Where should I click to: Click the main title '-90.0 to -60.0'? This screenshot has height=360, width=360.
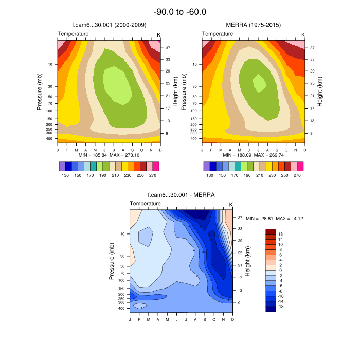click(180, 12)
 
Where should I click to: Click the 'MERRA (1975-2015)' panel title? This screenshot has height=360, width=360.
click(253, 25)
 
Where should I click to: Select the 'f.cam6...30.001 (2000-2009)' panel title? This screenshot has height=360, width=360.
click(108, 25)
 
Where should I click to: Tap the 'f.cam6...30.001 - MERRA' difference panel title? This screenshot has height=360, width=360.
click(181, 195)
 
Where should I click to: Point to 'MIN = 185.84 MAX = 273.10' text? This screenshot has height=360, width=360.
click(109, 155)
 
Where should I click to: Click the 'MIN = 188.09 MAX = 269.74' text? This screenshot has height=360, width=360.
click(253, 155)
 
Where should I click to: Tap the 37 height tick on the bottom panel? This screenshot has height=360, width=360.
click(240, 218)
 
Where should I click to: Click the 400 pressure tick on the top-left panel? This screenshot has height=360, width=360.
click(50, 138)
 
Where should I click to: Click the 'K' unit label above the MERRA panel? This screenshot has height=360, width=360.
click(303, 35)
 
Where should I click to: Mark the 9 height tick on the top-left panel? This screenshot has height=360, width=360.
click(168, 134)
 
